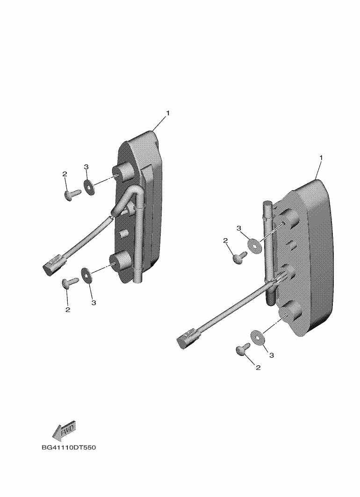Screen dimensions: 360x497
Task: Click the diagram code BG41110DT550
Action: (69, 447)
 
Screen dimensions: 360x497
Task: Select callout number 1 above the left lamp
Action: (168, 113)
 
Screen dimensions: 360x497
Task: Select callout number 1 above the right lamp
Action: (321, 157)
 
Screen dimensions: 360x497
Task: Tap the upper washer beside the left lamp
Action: (89, 187)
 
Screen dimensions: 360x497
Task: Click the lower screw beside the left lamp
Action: (70, 282)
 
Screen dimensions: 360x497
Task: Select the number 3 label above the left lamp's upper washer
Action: (86, 167)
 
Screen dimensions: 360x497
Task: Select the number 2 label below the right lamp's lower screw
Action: (258, 368)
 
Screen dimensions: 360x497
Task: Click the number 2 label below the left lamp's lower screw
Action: (68, 310)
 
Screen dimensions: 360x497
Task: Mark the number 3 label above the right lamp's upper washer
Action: (239, 228)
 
